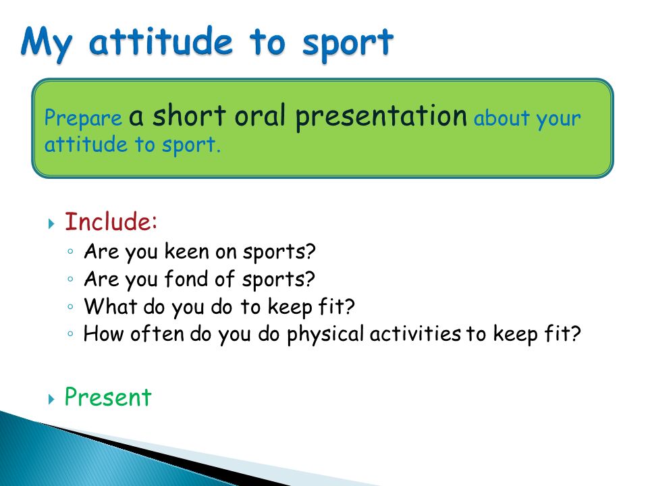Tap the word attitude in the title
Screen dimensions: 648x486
click(x=161, y=41)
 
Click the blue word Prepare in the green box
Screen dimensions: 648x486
click(x=83, y=117)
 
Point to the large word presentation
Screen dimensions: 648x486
click(x=381, y=117)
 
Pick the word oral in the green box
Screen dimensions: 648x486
click(x=260, y=115)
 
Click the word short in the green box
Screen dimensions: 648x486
click(x=189, y=115)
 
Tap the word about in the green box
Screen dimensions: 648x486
click(x=502, y=118)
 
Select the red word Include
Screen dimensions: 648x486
click(x=111, y=221)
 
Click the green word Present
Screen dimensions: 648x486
click(x=108, y=397)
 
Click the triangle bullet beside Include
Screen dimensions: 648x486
click(x=51, y=224)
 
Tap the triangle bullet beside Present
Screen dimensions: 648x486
click(x=51, y=399)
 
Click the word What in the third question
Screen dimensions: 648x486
click(x=110, y=306)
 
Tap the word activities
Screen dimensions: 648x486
click(x=415, y=333)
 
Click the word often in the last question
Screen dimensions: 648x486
click(x=157, y=333)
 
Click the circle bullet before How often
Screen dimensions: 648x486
click(x=70, y=333)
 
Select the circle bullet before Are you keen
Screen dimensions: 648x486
click(x=70, y=251)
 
